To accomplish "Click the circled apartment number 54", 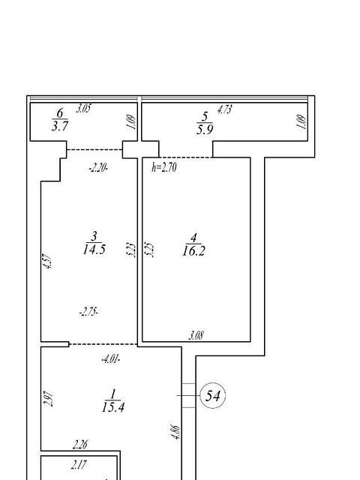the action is click(213, 396).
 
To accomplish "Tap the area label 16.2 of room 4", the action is click(193, 251).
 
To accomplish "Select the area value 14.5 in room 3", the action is click(94, 249).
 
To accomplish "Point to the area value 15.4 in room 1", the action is click(113, 407).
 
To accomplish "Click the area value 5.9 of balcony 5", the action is click(205, 130).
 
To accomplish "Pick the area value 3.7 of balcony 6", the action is click(60, 126).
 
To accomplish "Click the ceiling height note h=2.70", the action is click(164, 167).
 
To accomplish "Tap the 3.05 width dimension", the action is click(83, 108).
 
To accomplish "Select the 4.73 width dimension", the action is click(224, 109).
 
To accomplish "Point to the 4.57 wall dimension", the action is click(48, 261).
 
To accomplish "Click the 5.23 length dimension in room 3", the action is click(130, 249).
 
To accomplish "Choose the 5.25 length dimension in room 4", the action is click(150, 250).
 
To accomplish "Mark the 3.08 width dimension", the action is click(196, 335).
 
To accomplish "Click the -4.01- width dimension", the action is click(111, 358).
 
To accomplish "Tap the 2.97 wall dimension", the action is click(49, 398).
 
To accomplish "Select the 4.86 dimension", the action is click(177, 432).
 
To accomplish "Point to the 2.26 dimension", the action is click(80, 445).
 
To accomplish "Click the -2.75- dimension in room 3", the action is click(88, 312).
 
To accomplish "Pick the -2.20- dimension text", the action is click(98, 168).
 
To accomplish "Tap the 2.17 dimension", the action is click(79, 465).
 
